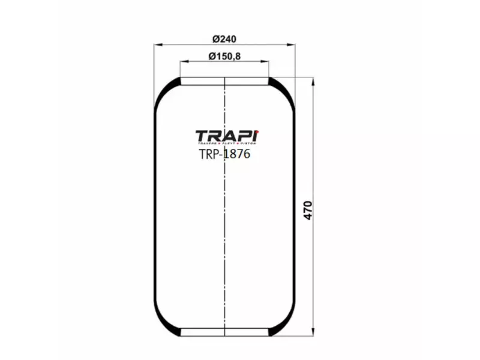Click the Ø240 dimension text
[x=224, y=39]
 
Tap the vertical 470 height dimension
[x=308, y=210]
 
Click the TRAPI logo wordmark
[x=226, y=136]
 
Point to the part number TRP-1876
[x=224, y=154]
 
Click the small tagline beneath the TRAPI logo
[x=226, y=145]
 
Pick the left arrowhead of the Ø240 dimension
[x=157, y=45]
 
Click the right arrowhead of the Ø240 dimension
[x=293, y=45]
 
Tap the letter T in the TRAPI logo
[x=202, y=136]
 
